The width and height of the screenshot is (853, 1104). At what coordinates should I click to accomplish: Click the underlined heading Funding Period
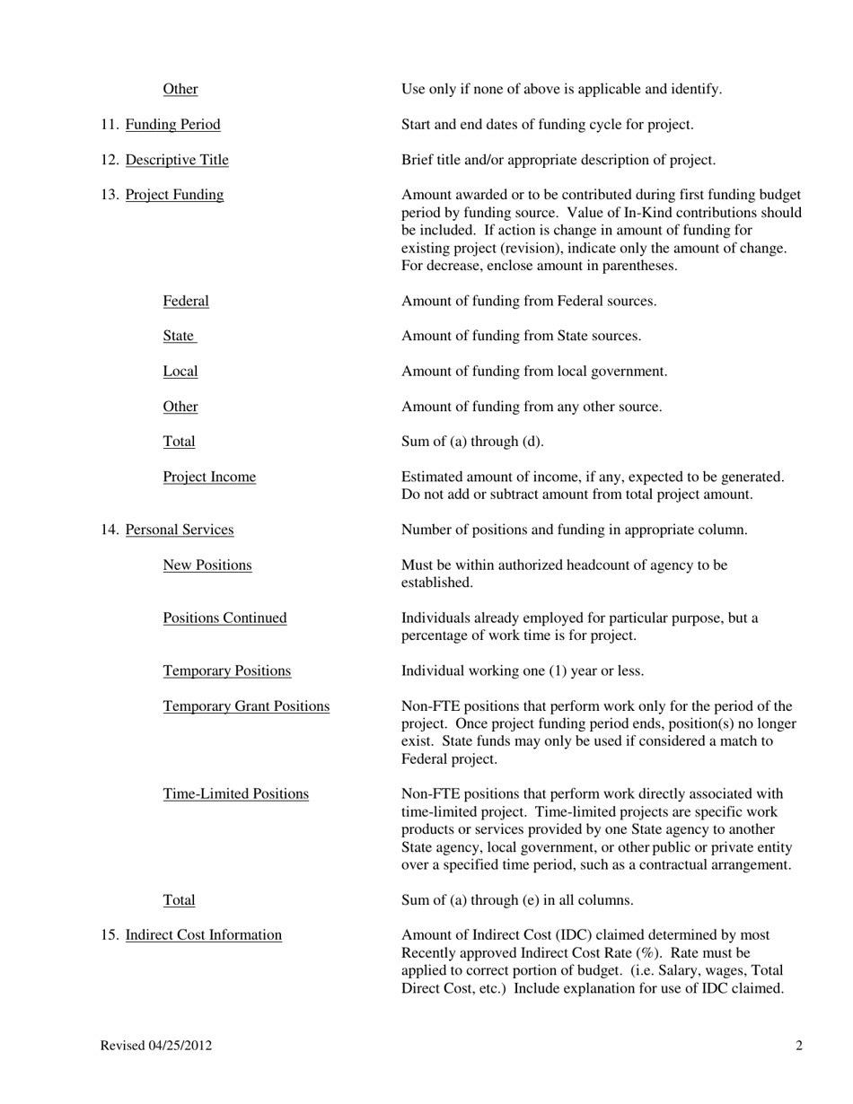(x=172, y=125)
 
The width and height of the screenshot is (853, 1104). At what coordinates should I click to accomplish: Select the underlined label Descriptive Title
(x=177, y=160)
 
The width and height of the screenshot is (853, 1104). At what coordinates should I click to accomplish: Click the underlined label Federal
(x=186, y=302)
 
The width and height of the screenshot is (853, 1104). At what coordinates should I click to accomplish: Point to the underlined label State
(x=179, y=337)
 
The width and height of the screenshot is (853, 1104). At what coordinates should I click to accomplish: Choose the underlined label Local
(x=180, y=372)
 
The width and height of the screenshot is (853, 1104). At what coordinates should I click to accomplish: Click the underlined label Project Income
(x=209, y=478)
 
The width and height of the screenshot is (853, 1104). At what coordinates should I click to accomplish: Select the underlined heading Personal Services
(x=180, y=530)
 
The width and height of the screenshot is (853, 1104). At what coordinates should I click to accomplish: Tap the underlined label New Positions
(x=207, y=565)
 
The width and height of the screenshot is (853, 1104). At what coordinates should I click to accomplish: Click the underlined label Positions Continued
(x=224, y=618)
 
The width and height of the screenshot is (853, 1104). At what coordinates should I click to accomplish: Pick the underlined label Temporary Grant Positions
(x=246, y=706)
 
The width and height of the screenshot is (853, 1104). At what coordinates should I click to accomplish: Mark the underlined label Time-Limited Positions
(x=235, y=794)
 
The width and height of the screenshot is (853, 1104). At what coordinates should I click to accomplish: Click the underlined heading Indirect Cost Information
(x=204, y=935)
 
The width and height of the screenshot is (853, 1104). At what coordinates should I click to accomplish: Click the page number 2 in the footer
(x=798, y=1046)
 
